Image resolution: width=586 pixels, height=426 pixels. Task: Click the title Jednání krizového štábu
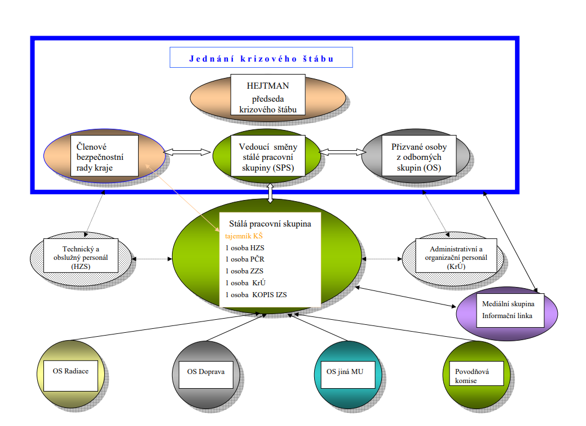(x=261, y=58)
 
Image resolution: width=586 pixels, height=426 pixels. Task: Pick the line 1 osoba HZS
(x=244, y=247)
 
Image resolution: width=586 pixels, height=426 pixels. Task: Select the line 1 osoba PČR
(x=244, y=259)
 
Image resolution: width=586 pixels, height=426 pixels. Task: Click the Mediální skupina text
(x=508, y=304)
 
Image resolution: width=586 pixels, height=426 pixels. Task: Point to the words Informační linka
(x=507, y=315)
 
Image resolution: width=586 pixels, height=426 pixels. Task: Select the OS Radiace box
(x=67, y=371)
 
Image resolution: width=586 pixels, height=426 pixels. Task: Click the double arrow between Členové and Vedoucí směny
(x=188, y=151)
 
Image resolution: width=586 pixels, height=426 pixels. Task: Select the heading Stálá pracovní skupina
(x=270, y=224)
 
